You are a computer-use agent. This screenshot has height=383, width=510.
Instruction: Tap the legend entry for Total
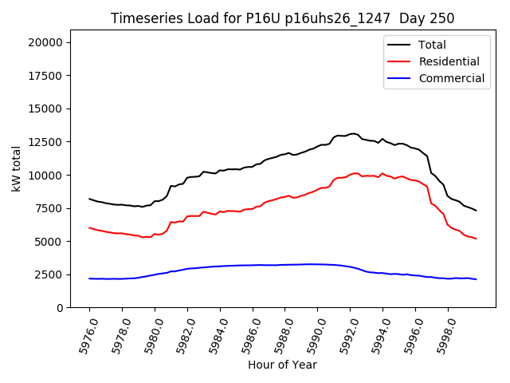point(432,45)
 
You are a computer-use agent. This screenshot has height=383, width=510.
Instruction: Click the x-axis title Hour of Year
point(283,365)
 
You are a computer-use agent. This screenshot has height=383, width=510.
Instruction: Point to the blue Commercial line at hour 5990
point(317,264)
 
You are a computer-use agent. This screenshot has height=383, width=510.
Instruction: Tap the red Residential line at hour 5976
point(89,227)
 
